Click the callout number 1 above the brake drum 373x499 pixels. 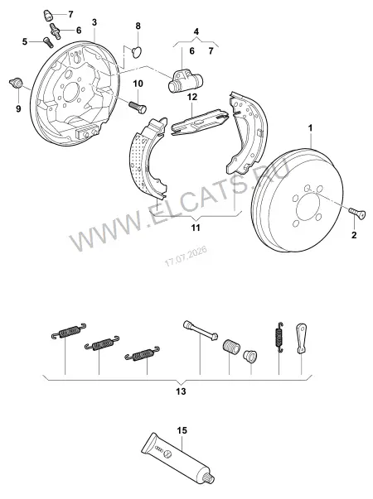click(310, 128)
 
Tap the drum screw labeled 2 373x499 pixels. click(357, 214)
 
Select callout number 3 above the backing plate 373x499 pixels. click(94, 22)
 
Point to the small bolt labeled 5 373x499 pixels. click(48, 42)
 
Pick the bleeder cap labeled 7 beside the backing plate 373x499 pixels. click(48, 15)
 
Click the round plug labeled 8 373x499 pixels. click(138, 52)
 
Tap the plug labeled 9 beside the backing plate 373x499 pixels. click(16, 84)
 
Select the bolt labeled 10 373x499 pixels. click(138, 107)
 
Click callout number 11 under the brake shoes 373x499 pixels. click(196, 228)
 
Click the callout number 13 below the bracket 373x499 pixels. click(181, 391)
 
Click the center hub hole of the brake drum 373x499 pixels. click(308, 209)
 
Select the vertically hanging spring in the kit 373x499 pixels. click(279, 338)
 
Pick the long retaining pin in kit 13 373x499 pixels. click(201, 331)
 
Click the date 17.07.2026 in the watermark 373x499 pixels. click(186, 257)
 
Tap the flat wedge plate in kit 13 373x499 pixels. click(302, 338)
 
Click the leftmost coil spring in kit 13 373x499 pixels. click(69, 331)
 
